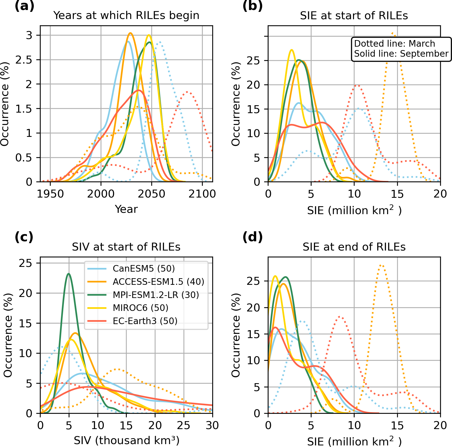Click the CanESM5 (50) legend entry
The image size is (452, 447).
click(144, 268)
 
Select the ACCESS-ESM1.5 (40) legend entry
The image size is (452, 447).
click(158, 282)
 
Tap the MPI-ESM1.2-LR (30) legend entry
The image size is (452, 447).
click(156, 295)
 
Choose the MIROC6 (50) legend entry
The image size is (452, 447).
click(140, 308)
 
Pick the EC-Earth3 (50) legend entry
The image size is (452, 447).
click(145, 321)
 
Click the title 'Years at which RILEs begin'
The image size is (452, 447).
click(126, 16)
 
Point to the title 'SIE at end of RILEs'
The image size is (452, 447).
click(354, 247)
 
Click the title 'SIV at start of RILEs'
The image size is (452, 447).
click(126, 247)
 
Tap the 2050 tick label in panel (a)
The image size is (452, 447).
click(152, 194)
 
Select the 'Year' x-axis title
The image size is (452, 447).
click(126, 209)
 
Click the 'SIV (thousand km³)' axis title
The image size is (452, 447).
click(126, 441)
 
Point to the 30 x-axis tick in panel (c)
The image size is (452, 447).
click(212, 425)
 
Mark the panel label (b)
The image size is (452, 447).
click(252, 6)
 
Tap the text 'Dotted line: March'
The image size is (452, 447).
click(394, 44)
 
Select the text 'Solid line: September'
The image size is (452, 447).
click(401, 54)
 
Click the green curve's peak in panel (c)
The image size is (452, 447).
click(69, 274)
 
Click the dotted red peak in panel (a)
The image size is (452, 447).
click(187, 92)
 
